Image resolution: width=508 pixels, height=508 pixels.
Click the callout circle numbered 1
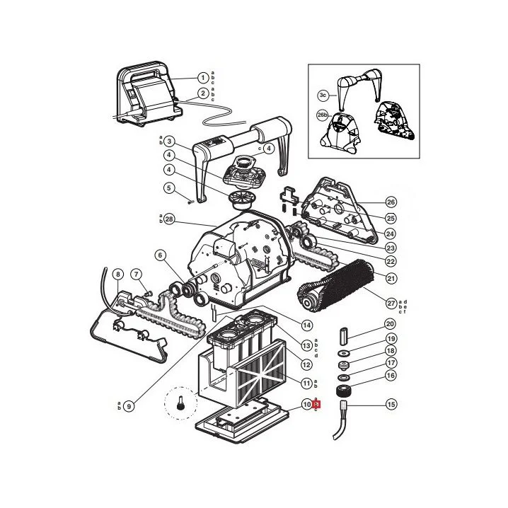tap(203, 78)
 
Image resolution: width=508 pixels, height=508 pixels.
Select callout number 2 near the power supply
tap(203, 93)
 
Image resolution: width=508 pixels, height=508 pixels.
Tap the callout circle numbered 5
tap(168, 188)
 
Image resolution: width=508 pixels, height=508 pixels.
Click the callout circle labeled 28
tap(168, 219)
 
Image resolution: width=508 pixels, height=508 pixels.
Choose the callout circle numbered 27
tap(391, 303)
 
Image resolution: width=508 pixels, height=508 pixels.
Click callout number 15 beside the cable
tap(391, 405)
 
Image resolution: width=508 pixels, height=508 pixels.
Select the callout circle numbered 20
tap(391, 323)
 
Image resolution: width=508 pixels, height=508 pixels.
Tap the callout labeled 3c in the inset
tap(322, 94)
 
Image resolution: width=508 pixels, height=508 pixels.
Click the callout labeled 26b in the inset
tap(322, 115)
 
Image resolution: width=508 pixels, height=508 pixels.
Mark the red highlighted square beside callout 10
tap(317, 405)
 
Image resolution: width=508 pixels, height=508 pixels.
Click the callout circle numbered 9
tap(129, 406)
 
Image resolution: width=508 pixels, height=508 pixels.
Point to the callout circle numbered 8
tap(117, 274)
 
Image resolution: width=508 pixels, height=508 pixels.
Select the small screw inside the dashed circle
tap(180, 405)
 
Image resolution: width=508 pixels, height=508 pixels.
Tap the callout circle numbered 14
tap(307, 325)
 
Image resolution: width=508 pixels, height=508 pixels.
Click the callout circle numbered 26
tap(391, 202)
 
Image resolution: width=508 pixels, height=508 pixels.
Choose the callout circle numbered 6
tap(160, 255)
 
